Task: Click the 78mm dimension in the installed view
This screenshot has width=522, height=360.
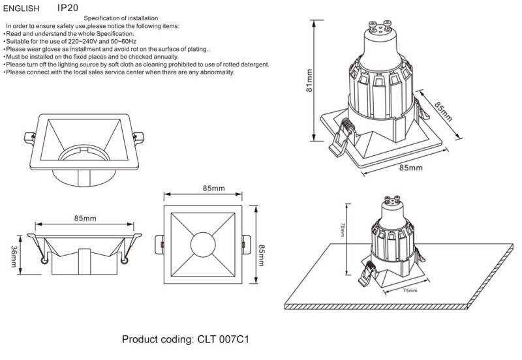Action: (343, 230)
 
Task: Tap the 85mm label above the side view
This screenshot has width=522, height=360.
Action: (85, 218)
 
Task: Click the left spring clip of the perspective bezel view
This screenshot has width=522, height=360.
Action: (29, 136)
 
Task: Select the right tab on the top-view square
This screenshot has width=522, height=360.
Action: (244, 245)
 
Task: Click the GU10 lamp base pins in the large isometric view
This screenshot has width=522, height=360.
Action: (379, 28)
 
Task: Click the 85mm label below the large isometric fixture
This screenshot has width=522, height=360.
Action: (410, 168)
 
